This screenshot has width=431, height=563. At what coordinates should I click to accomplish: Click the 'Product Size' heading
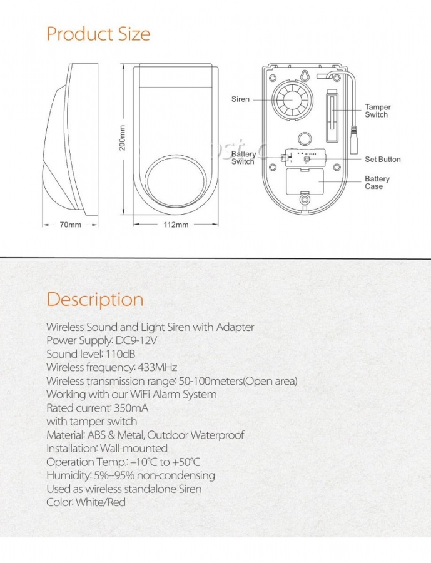click(98, 33)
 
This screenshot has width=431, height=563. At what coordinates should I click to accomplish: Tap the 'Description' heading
click(95, 299)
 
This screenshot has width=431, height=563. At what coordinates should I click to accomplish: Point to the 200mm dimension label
click(123, 138)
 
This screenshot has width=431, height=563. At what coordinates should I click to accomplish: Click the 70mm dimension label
click(70, 225)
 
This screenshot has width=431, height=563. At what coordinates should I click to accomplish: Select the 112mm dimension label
click(176, 225)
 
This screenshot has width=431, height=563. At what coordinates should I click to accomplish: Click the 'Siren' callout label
click(240, 99)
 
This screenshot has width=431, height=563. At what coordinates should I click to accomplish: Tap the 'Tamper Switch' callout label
click(377, 111)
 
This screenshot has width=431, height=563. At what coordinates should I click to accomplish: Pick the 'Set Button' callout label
click(382, 160)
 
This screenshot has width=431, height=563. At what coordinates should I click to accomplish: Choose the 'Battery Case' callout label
click(377, 183)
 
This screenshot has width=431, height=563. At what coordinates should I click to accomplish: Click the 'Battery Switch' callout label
click(243, 158)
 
